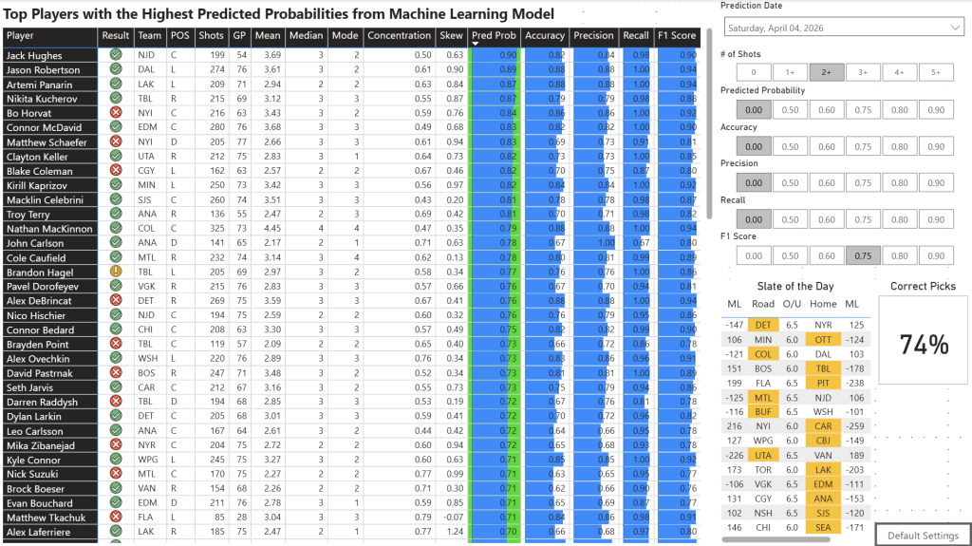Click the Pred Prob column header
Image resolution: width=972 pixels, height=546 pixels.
pyautogui.click(x=494, y=36)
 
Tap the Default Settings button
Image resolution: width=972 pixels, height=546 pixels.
pyautogui.click(x=923, y=536)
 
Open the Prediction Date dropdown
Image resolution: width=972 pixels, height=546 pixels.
pyautogui.click(x=842, y=28)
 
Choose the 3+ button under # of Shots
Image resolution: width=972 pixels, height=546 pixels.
pyautogui.click(x=863, y=72)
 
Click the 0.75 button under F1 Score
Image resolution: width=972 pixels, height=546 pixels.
pyautogui.click(x=863, y=255)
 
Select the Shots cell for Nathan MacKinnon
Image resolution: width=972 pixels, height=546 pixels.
pyautogui.click(x=213, y=229)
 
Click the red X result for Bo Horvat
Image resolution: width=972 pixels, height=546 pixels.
pyautogui.click(x=116, y=113)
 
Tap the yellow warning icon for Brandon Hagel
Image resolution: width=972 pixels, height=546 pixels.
pyautogui.click(x=116, y=272)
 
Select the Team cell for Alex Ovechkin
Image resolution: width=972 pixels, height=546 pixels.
pyautogui.click(x=148, y=359)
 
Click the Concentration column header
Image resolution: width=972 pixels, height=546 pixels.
pyautogui.click(x=399, y=36)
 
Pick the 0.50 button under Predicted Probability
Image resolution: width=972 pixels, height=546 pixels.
pyautogui.click(x=790, y=109)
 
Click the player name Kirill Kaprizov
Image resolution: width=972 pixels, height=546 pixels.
pyautogui.click(x=36, y=185)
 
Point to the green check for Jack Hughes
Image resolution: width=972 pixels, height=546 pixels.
pyautogui.click(x=116, y=55)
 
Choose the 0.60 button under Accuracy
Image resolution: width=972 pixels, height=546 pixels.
pyautogui.click(x=827, y=146)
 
